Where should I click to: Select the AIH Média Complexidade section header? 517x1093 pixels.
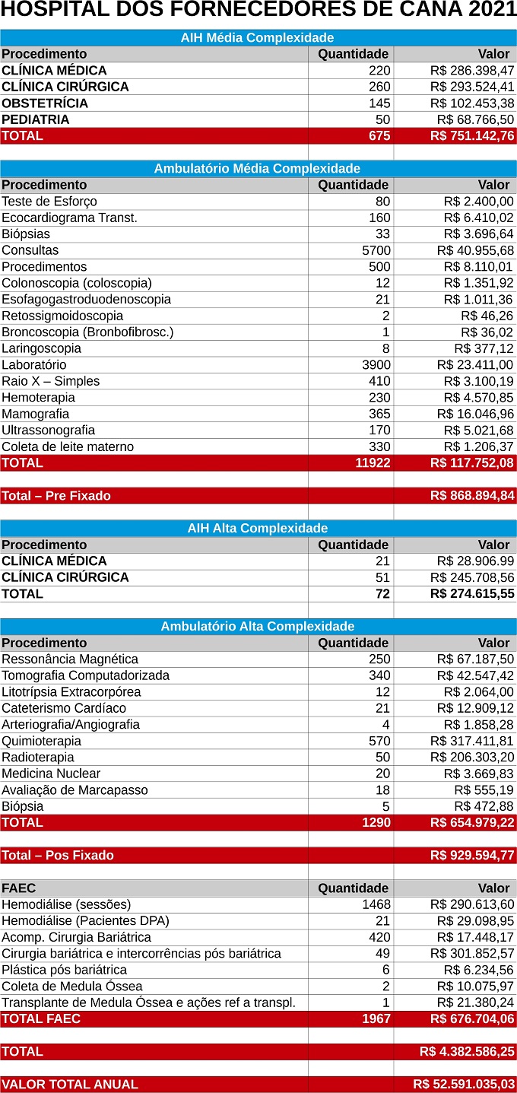pos(257,37)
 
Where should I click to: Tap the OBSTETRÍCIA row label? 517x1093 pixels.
pos(45,103)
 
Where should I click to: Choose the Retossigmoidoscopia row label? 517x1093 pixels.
pos(62,316)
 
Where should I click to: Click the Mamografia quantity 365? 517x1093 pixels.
pos(379,414)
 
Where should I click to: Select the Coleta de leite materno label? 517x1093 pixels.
pos(68,446)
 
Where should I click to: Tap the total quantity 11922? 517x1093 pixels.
pos(373,462)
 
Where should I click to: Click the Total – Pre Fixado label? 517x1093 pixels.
pos(56,496)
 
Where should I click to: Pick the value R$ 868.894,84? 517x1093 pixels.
pos(471,496)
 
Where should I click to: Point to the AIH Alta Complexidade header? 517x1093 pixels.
pos(257,529)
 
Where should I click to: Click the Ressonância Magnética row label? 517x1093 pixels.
pos(70,659)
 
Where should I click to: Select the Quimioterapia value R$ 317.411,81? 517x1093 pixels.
pos(471,741)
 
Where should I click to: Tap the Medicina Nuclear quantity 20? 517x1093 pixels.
pos(382,774)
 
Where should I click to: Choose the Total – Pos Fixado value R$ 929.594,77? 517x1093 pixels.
pos(471,856)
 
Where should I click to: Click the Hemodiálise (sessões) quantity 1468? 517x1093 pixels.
pos(376,904)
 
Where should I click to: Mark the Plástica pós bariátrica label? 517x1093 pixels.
pos(64,970)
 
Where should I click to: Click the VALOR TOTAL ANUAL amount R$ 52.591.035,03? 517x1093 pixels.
pos(464,1085)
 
